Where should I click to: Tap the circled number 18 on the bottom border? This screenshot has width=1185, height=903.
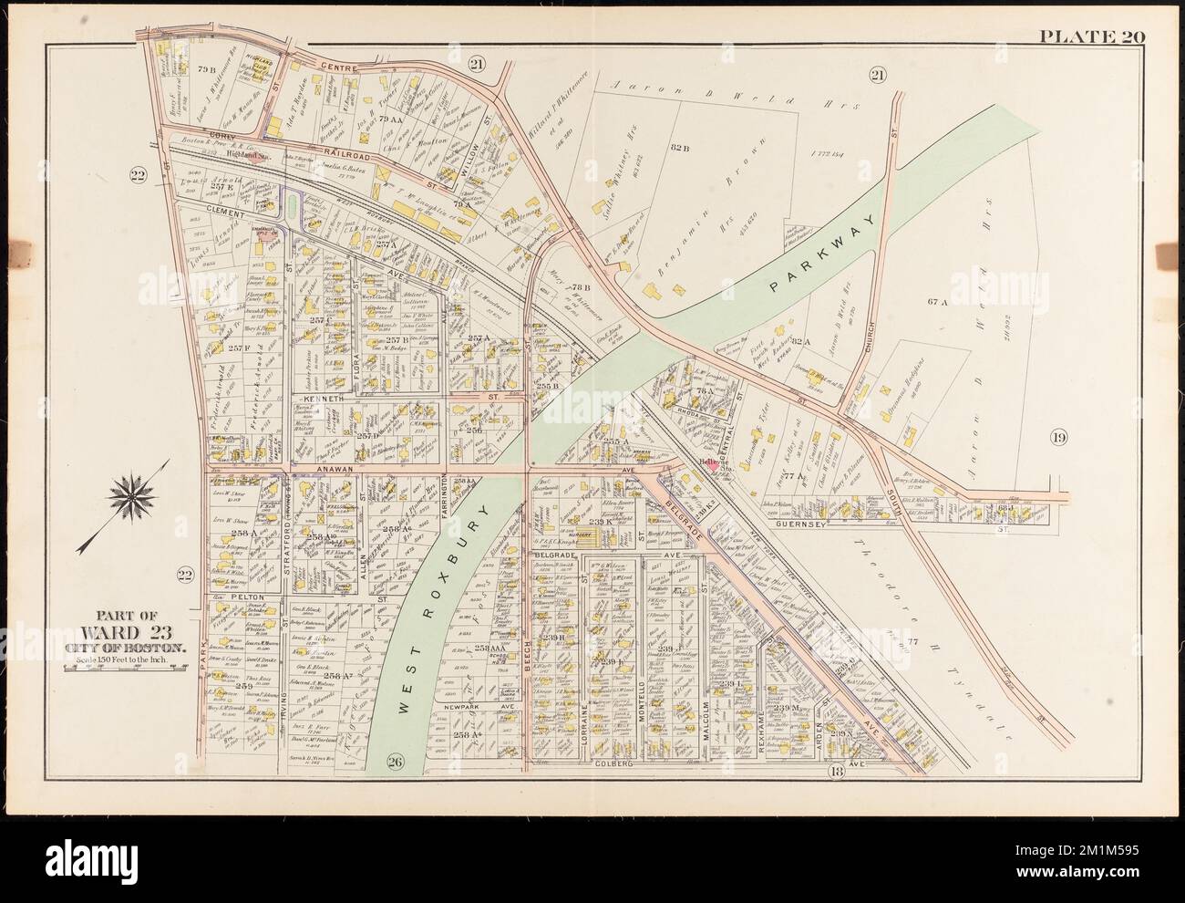click(x=836, y=773)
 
